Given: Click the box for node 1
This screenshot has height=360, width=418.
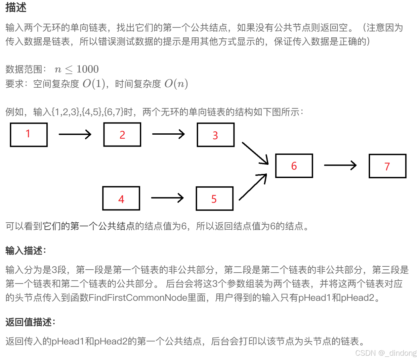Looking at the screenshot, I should (29, 135).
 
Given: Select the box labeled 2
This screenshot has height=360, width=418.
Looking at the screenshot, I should (122, 135).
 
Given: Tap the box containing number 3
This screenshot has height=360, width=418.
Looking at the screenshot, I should (216, 135).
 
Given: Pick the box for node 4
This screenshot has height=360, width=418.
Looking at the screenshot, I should (121, 199).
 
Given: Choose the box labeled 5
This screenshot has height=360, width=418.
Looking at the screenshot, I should (215, 199).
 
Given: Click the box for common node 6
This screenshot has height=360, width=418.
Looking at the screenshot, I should (294, 166).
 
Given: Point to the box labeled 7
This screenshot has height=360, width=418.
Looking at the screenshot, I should (388, 166).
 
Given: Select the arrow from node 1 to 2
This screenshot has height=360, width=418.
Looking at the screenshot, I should (75, 134).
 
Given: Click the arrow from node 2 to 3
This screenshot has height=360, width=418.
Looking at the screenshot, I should (168, 134).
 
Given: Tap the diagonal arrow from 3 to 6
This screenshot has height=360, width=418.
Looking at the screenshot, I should (255, 153).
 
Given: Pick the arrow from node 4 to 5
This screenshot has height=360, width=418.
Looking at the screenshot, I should (167, 198).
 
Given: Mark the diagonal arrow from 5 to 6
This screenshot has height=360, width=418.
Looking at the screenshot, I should (253, 187).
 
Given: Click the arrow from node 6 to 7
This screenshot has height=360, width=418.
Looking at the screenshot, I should (340, 165).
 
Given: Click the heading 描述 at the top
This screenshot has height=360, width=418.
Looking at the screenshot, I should (16, 7).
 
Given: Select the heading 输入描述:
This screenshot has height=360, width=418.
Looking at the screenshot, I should (26, 250).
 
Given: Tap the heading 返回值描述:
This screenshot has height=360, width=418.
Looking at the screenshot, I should (30, 322).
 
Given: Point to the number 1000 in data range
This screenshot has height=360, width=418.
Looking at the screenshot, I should (87, 69).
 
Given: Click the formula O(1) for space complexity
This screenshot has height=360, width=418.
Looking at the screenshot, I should (94, 84).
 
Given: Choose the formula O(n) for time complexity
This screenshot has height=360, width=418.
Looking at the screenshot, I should (176, 84).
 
